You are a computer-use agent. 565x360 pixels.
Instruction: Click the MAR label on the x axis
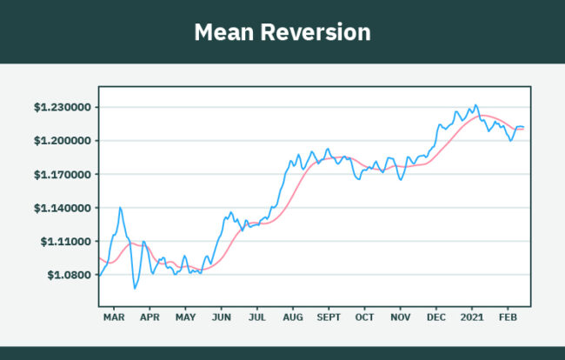[114, 319]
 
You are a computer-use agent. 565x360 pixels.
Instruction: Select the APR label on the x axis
[150, 319]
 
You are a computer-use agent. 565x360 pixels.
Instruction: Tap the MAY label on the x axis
[185, 319]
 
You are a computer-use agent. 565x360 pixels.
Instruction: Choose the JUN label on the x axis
[221, 319]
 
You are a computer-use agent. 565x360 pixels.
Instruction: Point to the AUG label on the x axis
[293, 319]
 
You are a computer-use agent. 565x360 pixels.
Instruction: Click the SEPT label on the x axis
[329, 319]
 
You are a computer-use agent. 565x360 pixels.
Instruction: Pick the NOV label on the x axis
[401, 319]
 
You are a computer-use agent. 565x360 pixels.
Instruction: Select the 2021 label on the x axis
[472, 319]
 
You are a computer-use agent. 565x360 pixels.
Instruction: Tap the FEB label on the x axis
[508, 319]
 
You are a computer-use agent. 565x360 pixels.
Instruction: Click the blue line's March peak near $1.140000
[120, 207]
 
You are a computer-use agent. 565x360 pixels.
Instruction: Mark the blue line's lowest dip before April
[135, 288]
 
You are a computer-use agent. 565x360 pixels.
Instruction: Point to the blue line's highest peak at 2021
[475, 105]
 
